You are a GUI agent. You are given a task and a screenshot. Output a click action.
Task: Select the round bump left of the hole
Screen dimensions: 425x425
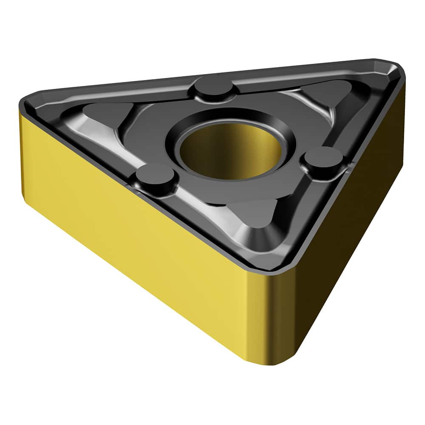[x=155, y=178]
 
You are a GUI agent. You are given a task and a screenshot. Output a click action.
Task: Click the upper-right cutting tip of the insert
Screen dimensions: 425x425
[x=393, y=68]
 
